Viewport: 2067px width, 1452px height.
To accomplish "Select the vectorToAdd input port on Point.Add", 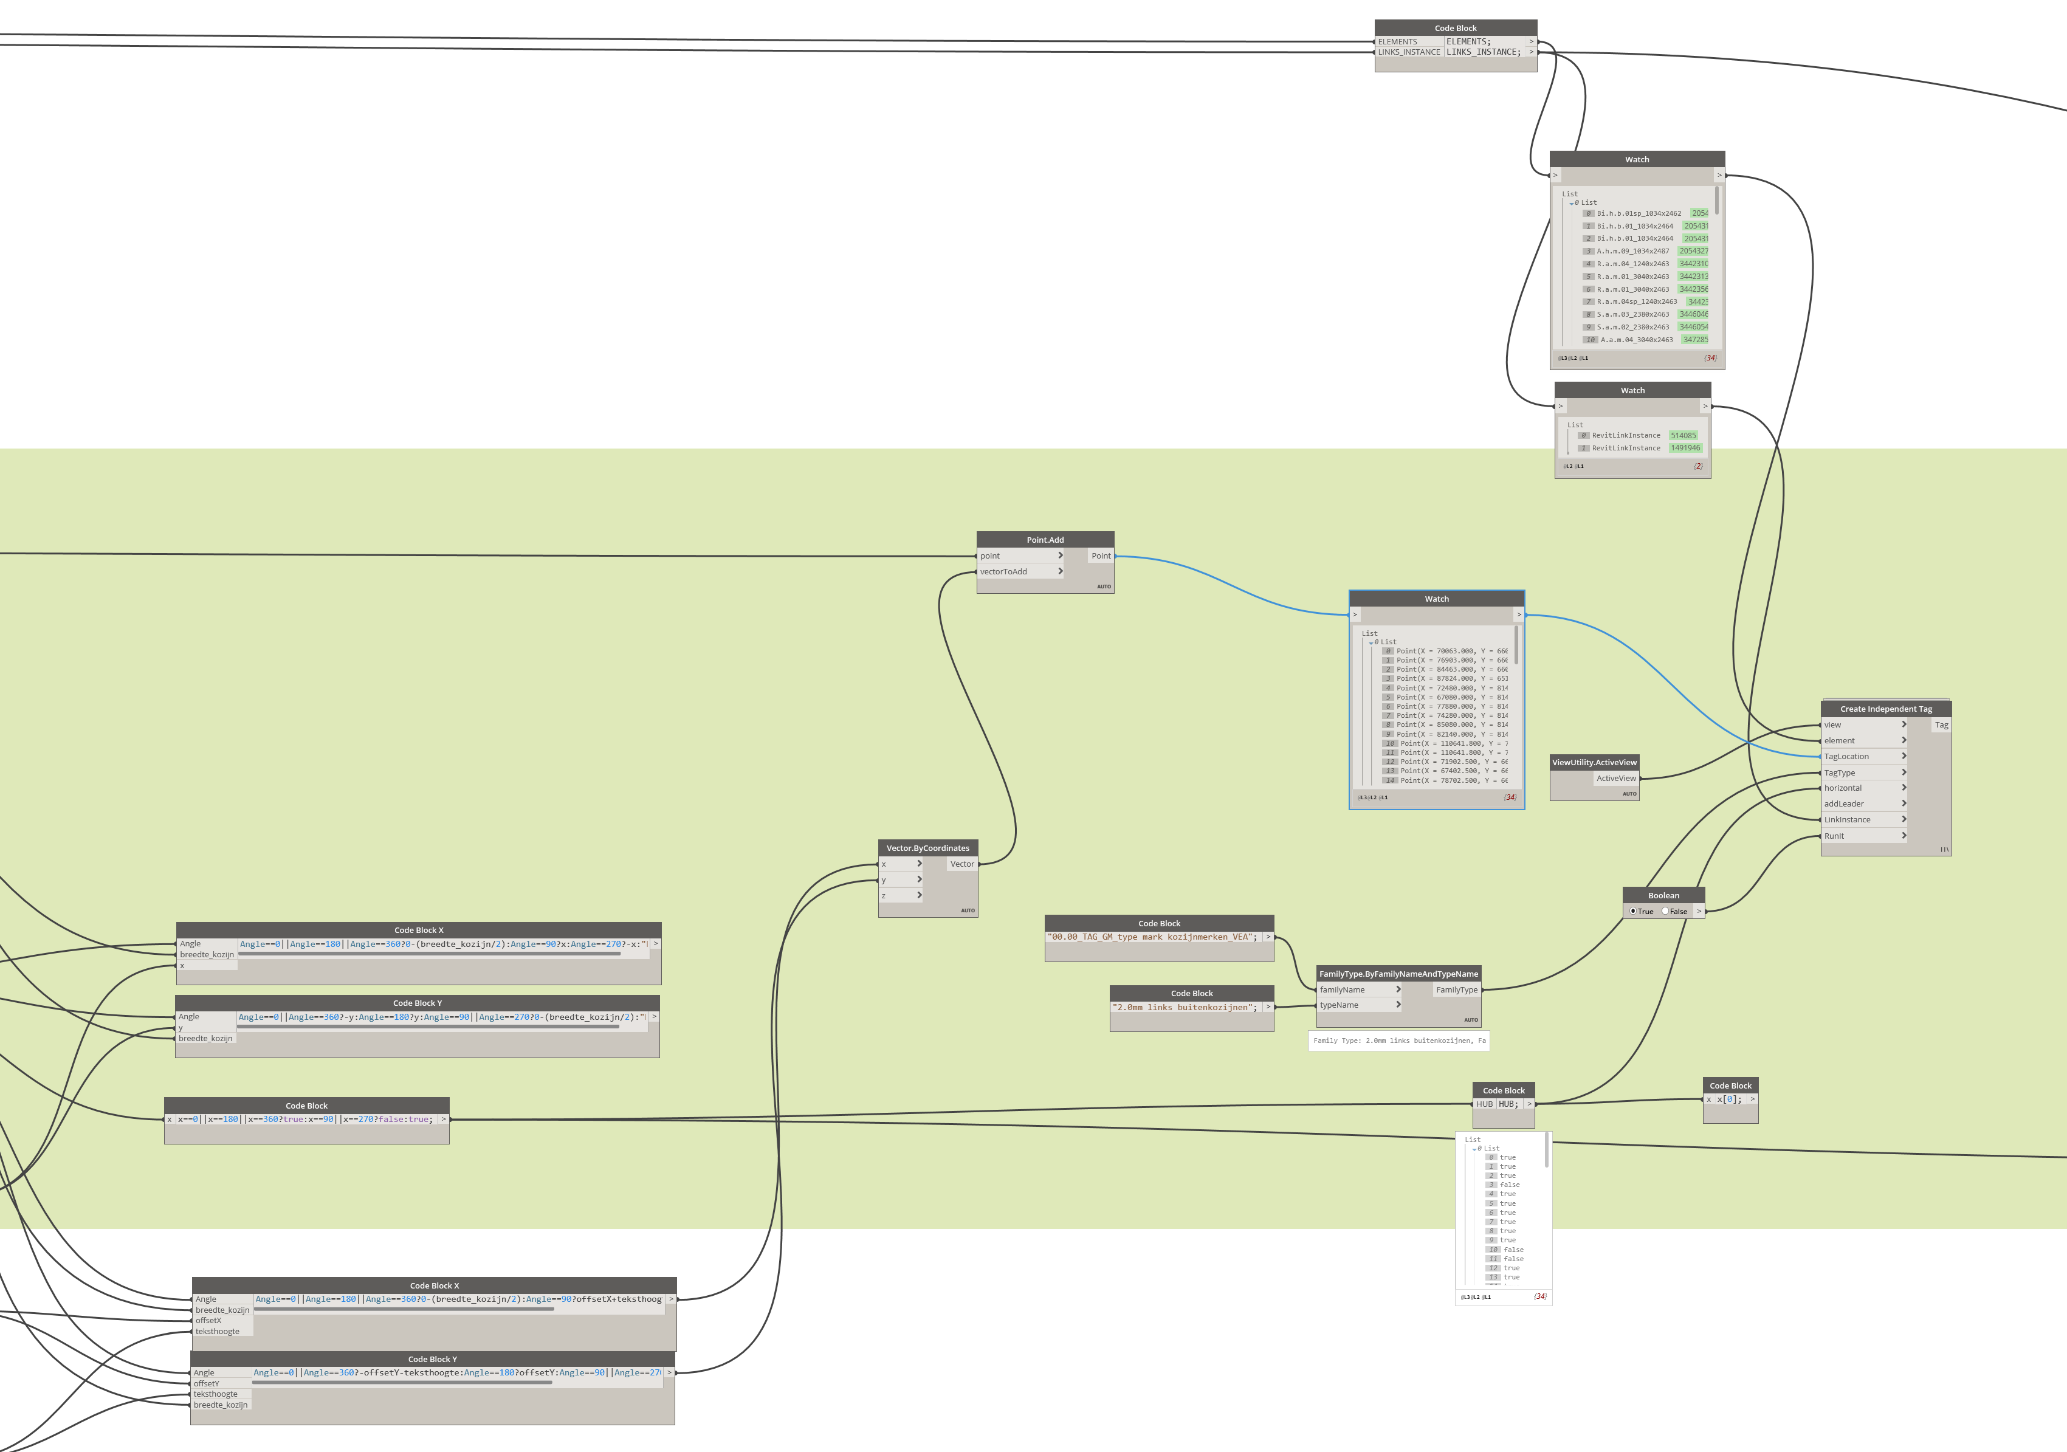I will [x=1004, y=571].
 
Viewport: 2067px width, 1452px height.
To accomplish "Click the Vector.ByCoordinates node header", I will [x=927, y=848].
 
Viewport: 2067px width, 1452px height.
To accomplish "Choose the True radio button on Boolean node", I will [x=1633, y=911].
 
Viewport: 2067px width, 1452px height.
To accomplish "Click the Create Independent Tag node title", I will [x=1885, y=709].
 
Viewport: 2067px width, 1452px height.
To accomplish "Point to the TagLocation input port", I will [x=1846, y=756].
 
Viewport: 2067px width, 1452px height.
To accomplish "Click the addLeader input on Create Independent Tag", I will [x=1844, y=804].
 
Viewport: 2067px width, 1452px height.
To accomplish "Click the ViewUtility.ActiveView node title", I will [x=1594, y=762].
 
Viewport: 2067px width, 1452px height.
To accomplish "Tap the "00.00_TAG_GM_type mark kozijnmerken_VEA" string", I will [x=1152, y=937].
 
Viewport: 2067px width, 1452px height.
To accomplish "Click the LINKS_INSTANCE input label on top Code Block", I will [x=1409, y=52].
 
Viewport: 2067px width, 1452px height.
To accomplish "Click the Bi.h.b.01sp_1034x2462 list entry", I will [x=1639, y=213].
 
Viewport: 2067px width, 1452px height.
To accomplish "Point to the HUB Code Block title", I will [x=1504, y=1090].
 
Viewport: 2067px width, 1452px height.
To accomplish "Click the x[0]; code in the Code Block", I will [x=1730, y=1099].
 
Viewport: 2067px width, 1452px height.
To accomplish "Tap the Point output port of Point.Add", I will [x=1101, y=556].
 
